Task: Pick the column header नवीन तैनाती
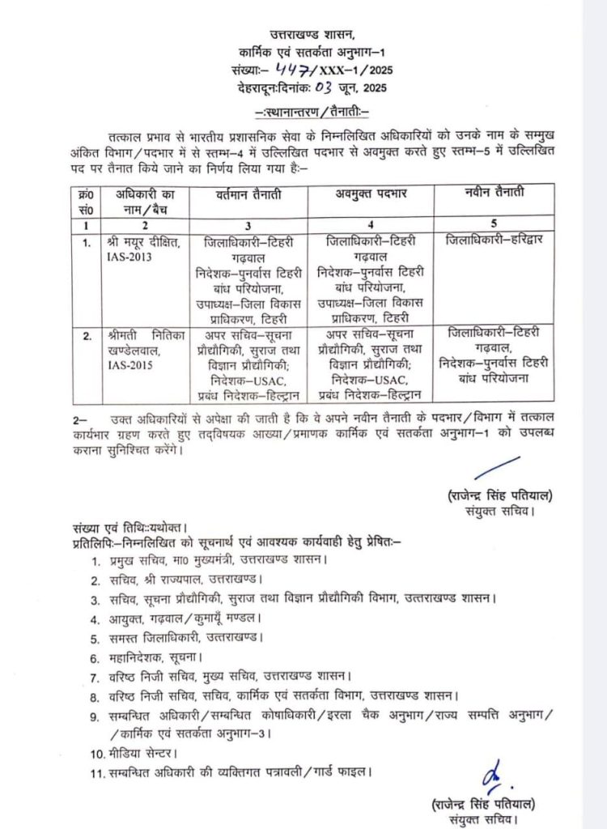[494, 192]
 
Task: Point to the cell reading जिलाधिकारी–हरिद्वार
[494, 240]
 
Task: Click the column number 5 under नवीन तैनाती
[494, 223]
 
